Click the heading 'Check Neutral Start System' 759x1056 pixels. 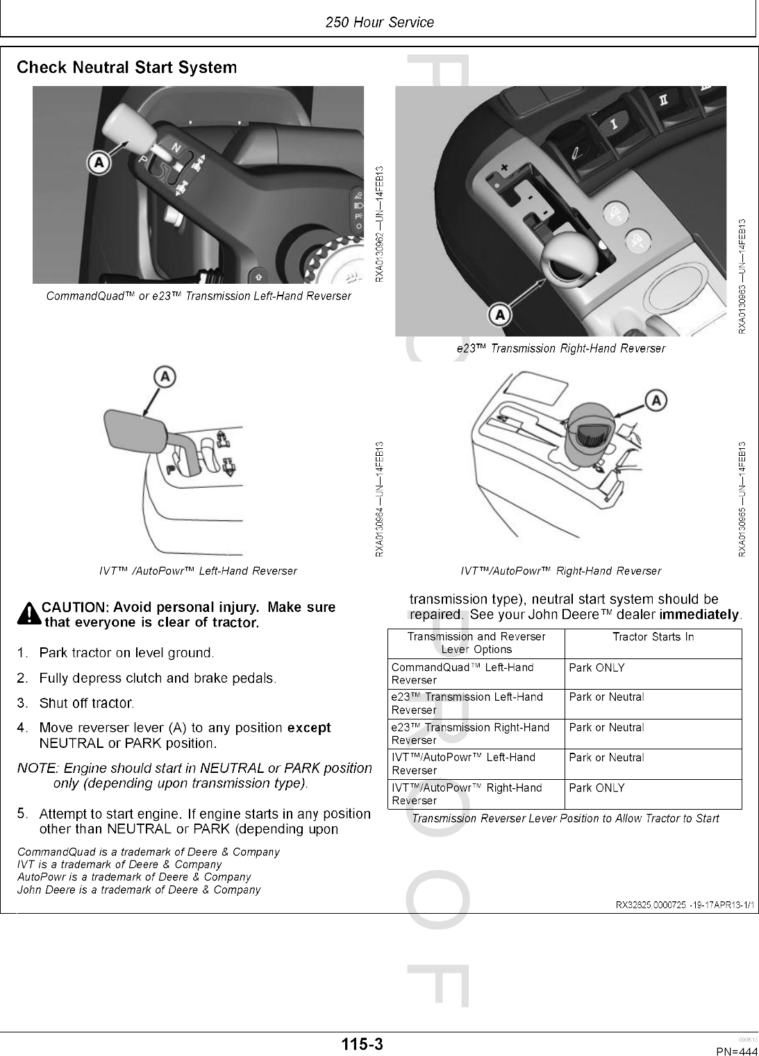click(x=126, y=68)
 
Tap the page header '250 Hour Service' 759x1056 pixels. click(x=379, y=22)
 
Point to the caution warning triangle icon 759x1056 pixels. click(x=30, y=614)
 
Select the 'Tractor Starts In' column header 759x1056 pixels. click(x=653, y=637)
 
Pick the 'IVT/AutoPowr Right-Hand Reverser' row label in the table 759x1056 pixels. click(x=467, y=794)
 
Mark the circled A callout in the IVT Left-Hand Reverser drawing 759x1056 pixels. click(x=165, y=377)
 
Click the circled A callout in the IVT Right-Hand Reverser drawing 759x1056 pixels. click(x=656, y=400)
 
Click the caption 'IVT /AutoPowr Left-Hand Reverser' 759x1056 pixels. click(x=198, y=571)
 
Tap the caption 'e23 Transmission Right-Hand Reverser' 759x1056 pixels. click(x=560, y=348)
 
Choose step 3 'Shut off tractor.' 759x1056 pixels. click(x=86, y=704)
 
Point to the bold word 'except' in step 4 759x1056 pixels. click(x=309, y=728)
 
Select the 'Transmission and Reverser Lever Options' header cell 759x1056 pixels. click(x=476, y=643)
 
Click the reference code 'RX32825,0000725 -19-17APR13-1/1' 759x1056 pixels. click(x=686, y=905)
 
